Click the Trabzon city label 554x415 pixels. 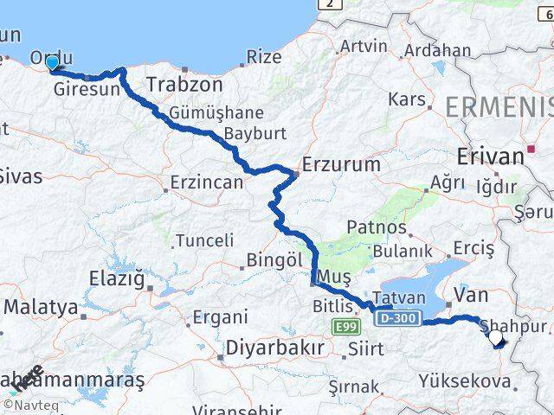184,86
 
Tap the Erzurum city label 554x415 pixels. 340,164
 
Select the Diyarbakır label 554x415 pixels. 274,348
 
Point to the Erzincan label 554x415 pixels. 206,183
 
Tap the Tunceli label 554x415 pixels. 204,240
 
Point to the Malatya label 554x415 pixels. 41,307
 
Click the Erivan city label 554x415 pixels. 490,156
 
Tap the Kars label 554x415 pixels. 407,99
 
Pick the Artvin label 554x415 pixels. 364,46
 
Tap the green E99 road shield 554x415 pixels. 345,325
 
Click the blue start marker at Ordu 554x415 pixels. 52,62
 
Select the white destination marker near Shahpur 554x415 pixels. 496,339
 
